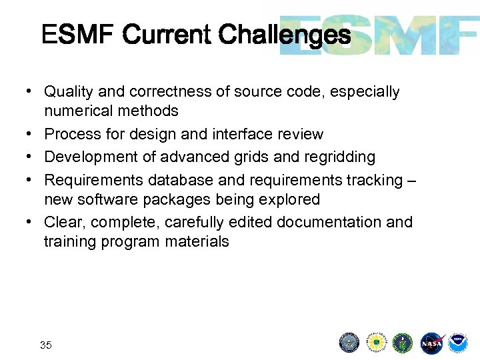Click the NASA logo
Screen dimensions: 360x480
point(431,343)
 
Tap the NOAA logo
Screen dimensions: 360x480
point(458,343)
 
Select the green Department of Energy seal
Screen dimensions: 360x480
point(403,343)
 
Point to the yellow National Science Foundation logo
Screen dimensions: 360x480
point(377,343)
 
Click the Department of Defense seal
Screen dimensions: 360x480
point(349,343)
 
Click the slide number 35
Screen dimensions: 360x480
point(46,345)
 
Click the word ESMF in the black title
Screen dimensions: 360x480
point(78,34)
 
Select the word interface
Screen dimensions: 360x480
point(241,134)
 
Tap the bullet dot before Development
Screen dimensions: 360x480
point(31,157)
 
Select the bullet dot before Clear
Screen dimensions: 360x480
point(31,222)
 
